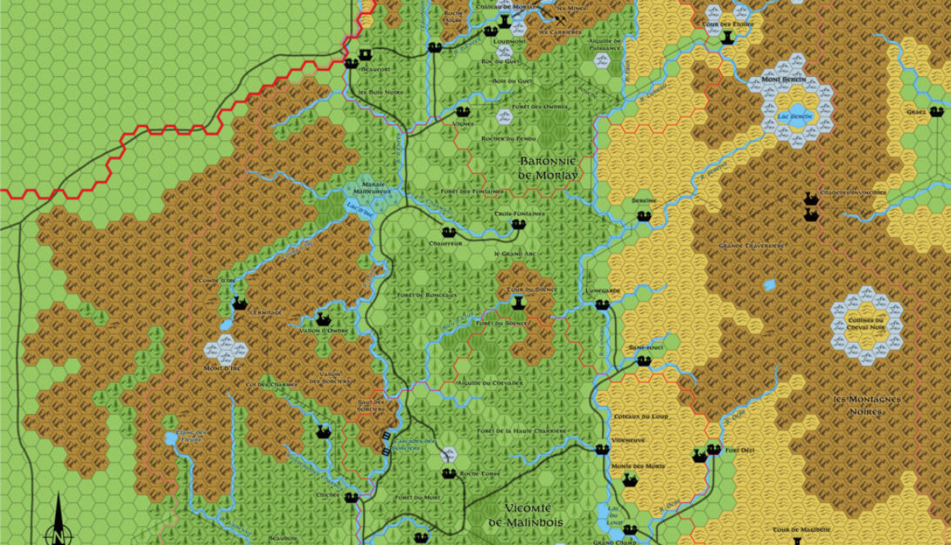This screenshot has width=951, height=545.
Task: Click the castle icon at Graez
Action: point(937,111)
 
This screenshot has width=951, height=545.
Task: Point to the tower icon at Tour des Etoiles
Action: point(727,36)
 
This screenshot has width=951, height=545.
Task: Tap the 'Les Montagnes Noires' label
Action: point(867,405)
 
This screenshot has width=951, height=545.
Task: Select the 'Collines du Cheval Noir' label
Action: point(866,325)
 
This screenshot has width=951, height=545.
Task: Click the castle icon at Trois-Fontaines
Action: point(517,224)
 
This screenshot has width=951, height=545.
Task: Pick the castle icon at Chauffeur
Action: point(448,232)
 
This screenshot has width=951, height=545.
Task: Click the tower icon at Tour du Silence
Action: point(517,302)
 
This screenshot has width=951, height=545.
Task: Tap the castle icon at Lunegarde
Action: point(603,304)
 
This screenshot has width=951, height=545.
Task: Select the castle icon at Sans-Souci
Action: point(644,360)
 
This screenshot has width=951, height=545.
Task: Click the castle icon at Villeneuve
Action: point(603,449)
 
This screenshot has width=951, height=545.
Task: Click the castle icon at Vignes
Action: point(463,111)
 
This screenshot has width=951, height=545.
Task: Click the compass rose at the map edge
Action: point(58,525)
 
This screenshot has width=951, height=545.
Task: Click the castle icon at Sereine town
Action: point(644,216)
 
